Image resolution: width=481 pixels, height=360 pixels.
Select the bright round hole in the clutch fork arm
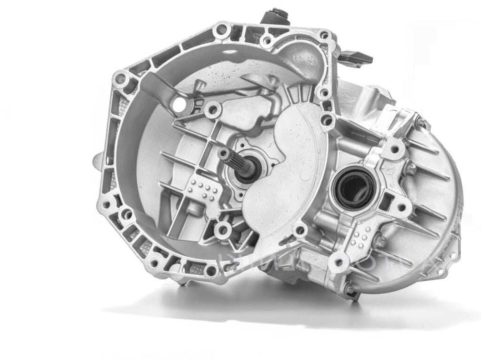tap(179, 105)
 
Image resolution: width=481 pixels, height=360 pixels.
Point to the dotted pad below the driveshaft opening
tap(361, 237)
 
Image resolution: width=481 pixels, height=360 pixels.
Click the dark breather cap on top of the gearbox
tap(275, 15)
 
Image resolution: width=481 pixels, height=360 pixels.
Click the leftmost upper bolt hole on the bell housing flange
tap(121, 78)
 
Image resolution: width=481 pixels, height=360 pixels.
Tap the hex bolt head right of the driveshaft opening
tap(410, 168)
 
